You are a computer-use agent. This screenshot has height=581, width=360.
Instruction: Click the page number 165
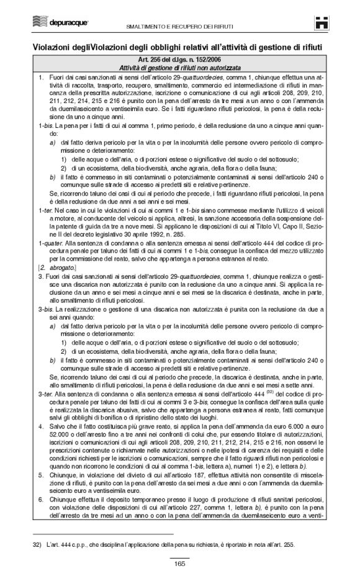point(180,564)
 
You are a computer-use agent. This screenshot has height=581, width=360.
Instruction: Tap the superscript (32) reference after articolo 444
point(270,392)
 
